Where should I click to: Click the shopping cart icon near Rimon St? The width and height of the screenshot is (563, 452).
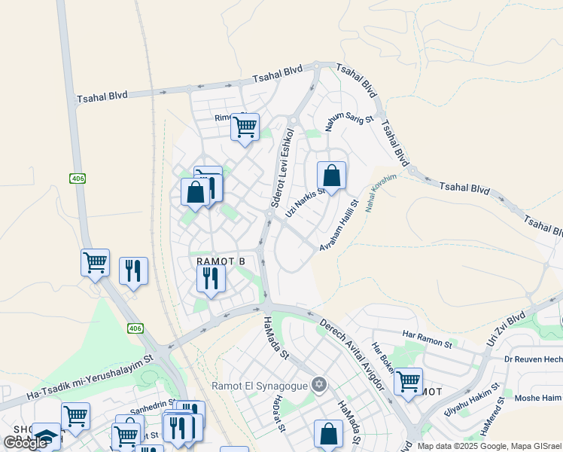point(245,127)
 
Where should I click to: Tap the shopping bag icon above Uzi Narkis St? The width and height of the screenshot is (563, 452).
point(331,176)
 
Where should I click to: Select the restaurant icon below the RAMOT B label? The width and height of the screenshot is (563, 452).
point(211,278)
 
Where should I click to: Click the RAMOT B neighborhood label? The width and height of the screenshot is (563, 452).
point(221,261)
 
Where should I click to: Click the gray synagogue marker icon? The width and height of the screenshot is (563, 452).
point(319,385)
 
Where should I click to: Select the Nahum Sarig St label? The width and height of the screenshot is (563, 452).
point(348,120)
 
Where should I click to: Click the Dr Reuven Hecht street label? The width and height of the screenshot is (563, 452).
point(533,360)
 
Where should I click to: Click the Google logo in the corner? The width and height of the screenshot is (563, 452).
point(25,443)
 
